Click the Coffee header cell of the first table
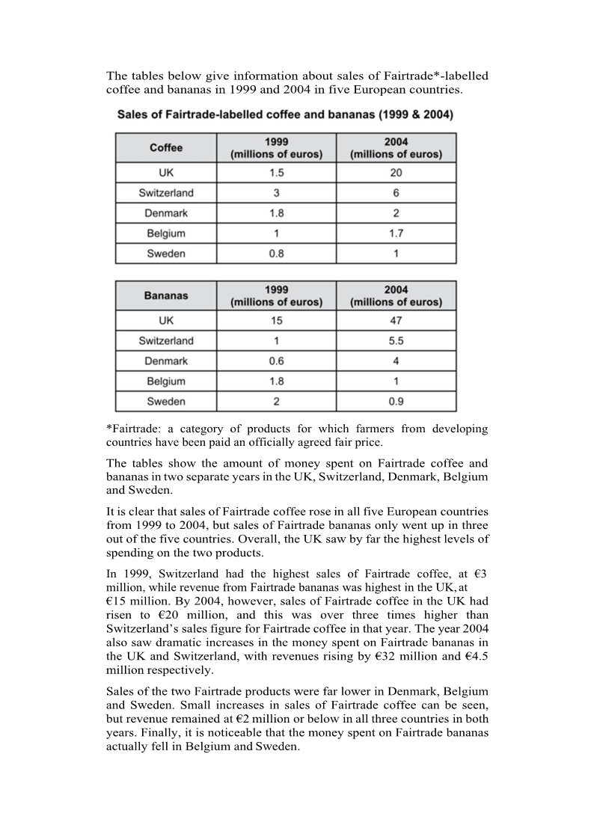click(x=166, y=147)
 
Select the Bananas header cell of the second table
click(x=166, y=295)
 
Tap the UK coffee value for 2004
click(x=396, y=173)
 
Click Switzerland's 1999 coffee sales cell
click(x=276, y=193)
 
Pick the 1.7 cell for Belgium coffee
click(x=396, y=233)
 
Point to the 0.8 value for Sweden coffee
click(x=276, y=254)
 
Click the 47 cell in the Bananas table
click(x=396, y=321)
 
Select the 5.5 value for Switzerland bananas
click(x=396, y=341)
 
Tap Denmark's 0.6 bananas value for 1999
click(x=276, y=361)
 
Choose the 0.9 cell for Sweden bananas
click(x=396, y=402)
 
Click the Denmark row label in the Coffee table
click(x=166, y=213)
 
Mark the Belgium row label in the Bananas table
click(x=166, y=381)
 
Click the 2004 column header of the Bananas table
click(x=396, y=295)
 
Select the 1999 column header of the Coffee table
click(x=276, y=147)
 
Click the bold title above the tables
click(x=284, y=115)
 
